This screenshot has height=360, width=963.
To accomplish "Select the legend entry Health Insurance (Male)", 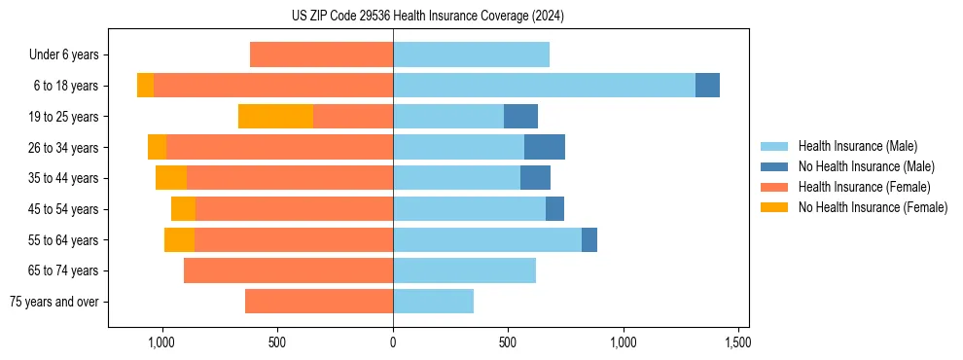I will point(856,146).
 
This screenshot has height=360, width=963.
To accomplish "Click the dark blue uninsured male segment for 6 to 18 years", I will point(707,86).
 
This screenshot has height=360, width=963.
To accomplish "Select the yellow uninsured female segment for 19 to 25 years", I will point(275,117).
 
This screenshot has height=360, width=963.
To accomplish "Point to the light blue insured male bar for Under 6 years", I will point(471,54).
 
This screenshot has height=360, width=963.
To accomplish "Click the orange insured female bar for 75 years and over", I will point(318,302).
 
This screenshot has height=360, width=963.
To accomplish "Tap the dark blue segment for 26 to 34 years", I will point(545,147).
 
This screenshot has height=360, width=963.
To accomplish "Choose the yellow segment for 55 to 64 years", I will point(179,240).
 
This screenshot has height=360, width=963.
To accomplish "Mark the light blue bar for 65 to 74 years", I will point(464,270).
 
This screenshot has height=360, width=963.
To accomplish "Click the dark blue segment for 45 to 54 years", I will point(554,209).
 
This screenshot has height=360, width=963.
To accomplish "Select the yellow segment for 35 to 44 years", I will point(171,178).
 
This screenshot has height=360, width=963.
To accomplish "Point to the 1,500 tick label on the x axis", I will point(737,342).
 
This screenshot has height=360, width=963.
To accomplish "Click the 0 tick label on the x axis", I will point(393,342).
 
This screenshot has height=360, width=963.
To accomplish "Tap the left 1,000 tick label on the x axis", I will point(161,342).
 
